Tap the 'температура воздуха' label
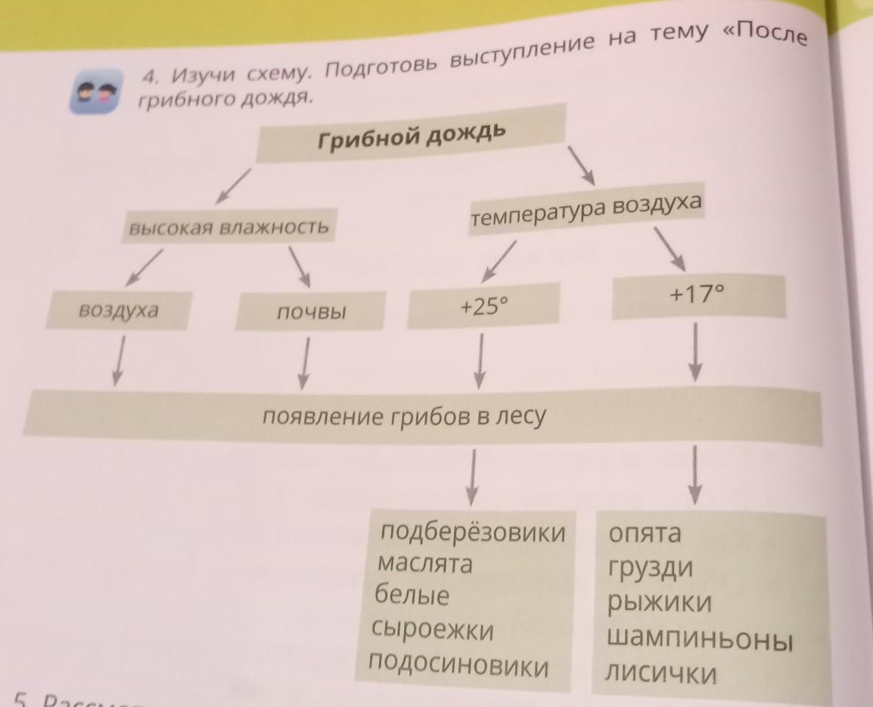point(586,212)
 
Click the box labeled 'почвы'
point(311,311)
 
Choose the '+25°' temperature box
point(483,307)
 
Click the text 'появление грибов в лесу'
point(403,417)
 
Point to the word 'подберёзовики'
point(473,533)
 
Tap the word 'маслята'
point(424,565)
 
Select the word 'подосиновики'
point(458,665)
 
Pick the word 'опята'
point(645,533)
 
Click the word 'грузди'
point(650,568)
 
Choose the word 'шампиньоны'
point(700,640)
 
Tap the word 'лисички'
point(660,673)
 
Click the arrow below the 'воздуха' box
point(117,361)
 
